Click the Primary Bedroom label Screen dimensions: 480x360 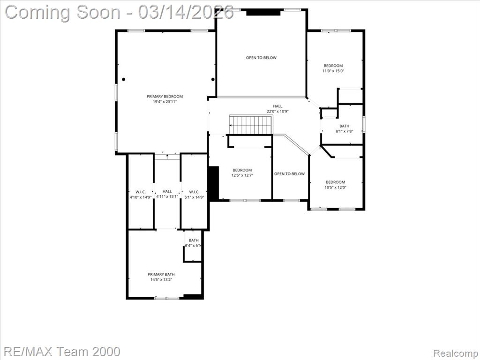click(165, 97)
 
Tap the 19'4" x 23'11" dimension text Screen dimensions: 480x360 click(165, 102)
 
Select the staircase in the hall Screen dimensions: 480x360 click(251, 125)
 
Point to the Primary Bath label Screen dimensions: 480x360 click(161, 274)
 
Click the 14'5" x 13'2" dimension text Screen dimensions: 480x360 click(161, 279)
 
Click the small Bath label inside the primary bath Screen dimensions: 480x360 click(194, 240)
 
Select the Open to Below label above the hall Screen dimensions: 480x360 click(261, 58)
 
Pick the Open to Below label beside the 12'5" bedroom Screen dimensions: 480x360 click(289, 174)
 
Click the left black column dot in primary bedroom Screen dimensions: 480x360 click(124, 79)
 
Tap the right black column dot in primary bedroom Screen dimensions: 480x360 click(213, 79)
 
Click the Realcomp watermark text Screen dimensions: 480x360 click(456, 353)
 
